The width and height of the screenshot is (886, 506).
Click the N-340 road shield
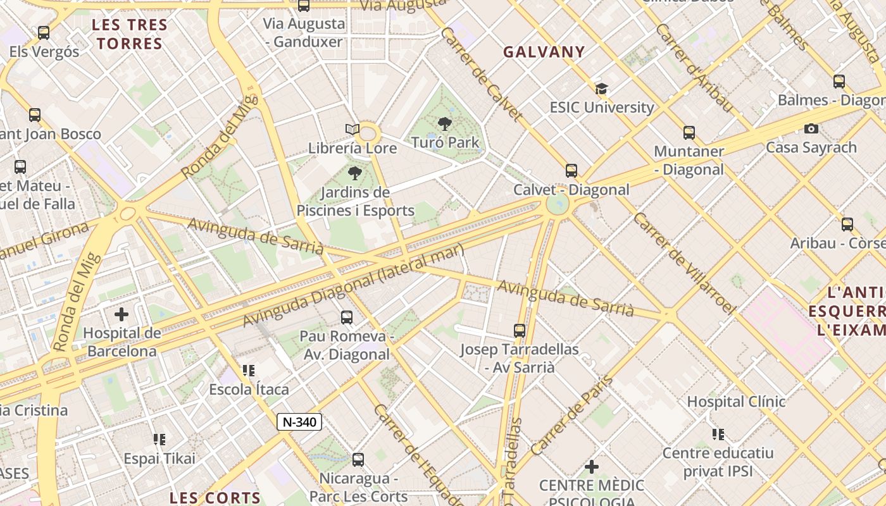pyautogui.click(x=299, y=422)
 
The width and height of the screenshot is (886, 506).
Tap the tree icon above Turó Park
pyautogui.click(x=445, y=124)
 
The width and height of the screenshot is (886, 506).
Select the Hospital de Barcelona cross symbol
pyautogui.click(x=121, y=314)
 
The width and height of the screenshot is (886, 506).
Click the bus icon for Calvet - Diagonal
pyautogui.click(x=571, y=170)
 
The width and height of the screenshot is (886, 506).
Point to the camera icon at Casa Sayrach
pyautogui.click(x=811, y=128)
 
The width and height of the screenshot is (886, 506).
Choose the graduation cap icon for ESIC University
pyautogui.click(x=601, y=89)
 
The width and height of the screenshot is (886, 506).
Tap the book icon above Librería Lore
pyautogui.click(x=353, y=130)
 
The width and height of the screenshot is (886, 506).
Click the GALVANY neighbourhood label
pyautogui.click(x=544, y=52)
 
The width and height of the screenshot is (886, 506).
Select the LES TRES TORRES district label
pyautogui.click(x=130, y=35)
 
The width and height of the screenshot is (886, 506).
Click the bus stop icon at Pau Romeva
pyautogui.click(x=346, y=318)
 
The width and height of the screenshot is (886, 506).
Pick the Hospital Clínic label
pyautogui.click(x=736, y=402)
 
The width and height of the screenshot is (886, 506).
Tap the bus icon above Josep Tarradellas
pyautogui.click(x=520, y=330)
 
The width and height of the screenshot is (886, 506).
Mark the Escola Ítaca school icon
pyautogui.click(x=249, y=370)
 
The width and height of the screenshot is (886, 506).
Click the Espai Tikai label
pyautogui.click(x=159, y=458)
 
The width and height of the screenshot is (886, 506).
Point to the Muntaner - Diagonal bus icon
pyautogui.click(x=689, y=133)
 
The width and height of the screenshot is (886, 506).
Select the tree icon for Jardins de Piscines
pyautogui.click(x=355, y=173)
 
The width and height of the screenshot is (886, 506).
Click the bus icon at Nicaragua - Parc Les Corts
pyautogui.click(x=358, y=460)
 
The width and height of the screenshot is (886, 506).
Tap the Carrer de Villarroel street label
pyautogui.click(x=685, y=263)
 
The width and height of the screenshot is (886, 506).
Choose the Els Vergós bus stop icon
pyautogui.click(x=44, y=33)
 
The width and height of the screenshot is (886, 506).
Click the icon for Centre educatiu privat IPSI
pyautogui.click(x=718, y=434)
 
